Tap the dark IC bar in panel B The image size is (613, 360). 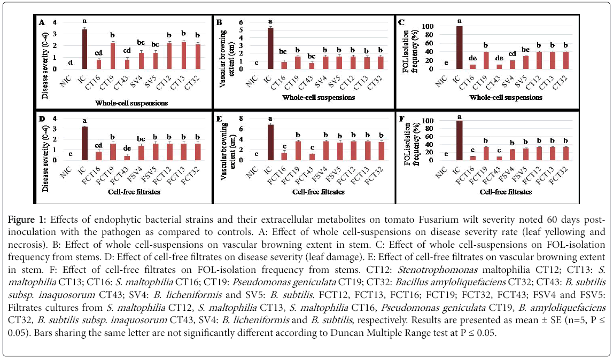pos(271,48)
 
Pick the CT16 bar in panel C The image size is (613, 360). pos(457,67)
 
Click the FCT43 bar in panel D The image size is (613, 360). pos(127,158)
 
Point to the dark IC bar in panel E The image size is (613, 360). pos(271,142)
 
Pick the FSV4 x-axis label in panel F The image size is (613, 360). pos(498,171)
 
